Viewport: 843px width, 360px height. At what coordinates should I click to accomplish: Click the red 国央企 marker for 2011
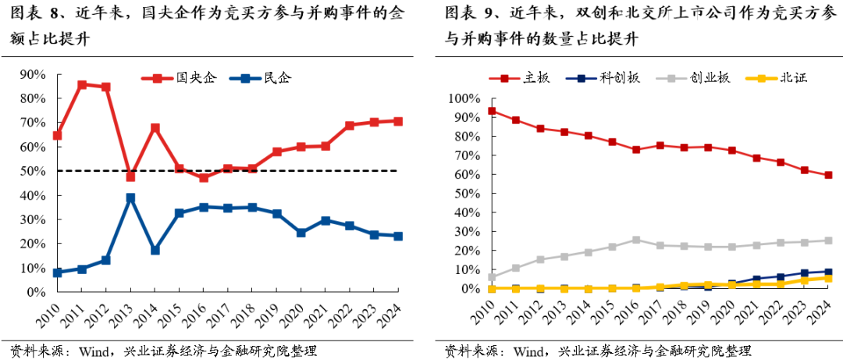pos(82,84)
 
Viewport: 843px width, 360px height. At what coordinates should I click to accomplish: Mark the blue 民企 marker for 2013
pos(130,198)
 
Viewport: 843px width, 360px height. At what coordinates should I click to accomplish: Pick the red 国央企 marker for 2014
pos(155,128)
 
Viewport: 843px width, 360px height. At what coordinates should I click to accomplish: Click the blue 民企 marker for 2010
pos(57,273)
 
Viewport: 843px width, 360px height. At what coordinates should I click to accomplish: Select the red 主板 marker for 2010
pos(492,111)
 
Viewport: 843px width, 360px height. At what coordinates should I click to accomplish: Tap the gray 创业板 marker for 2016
pos(637,240)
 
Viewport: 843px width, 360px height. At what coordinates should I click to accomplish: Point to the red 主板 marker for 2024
pos(828,175)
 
